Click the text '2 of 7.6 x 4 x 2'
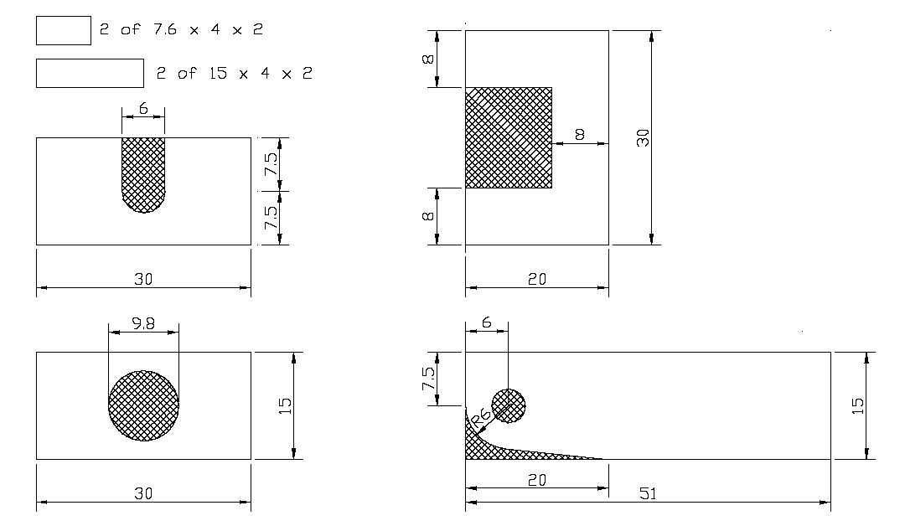(181, 29)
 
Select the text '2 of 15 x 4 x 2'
(235, 73)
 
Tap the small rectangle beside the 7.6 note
(64, 30)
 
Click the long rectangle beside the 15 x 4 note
(90, 73)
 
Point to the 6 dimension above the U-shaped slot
(143, 108)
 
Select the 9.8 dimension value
(143, 324)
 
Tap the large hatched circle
(144, 406)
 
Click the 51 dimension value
(648, 493)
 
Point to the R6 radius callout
(482, 416)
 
